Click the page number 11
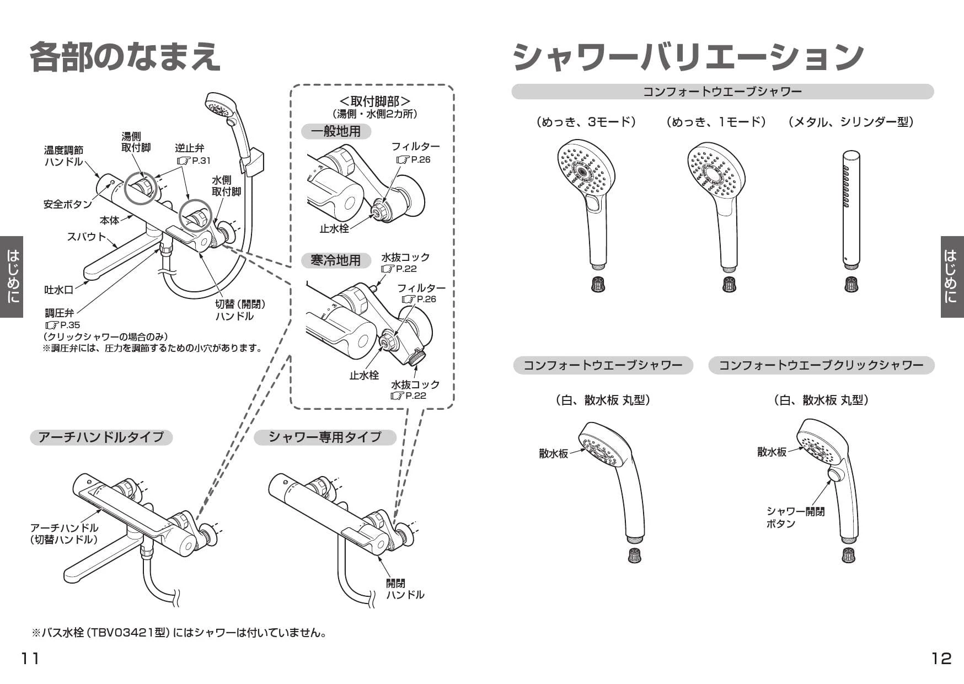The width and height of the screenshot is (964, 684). coord(30,658)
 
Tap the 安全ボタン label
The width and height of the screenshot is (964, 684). coord(67,205)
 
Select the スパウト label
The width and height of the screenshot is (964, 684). coord(86,237)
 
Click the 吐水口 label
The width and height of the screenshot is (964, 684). coord(58,290)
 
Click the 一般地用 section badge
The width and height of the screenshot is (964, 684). coord(335,131)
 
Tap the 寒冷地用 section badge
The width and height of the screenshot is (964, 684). coord(335,260)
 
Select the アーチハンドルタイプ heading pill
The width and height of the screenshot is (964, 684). coord(101,437)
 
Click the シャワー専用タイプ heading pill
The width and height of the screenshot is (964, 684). coord(325,437)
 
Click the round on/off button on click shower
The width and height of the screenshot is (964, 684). coord(836,475)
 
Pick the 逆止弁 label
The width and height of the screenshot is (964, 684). coord(190,148)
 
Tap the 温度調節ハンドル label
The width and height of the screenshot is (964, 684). coord(63,156)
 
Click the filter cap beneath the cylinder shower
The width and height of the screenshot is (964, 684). coord(851,285)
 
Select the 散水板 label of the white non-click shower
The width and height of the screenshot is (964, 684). coord(553,453)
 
